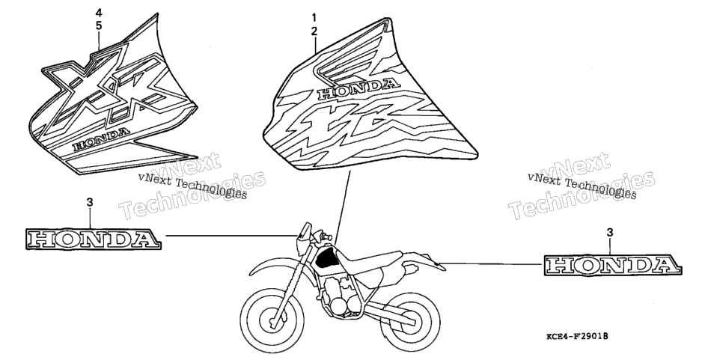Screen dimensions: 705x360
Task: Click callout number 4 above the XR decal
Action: click(x=99, y=13)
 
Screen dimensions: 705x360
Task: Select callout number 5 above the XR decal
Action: click(x=99, y=25)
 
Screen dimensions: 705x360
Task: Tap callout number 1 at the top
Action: click(x=314, y=19)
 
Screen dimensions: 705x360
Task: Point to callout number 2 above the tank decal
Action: click(x=314, y=31)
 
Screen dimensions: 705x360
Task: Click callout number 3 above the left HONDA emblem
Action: click(x=90, y=203)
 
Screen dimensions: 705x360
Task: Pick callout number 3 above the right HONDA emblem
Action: click(x=610, y=232)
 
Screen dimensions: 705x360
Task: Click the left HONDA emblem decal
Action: click(x=92, y=239)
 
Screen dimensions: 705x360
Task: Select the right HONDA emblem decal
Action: click(x=612, y=264)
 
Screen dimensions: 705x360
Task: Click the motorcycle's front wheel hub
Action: click(x=273, y=321)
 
